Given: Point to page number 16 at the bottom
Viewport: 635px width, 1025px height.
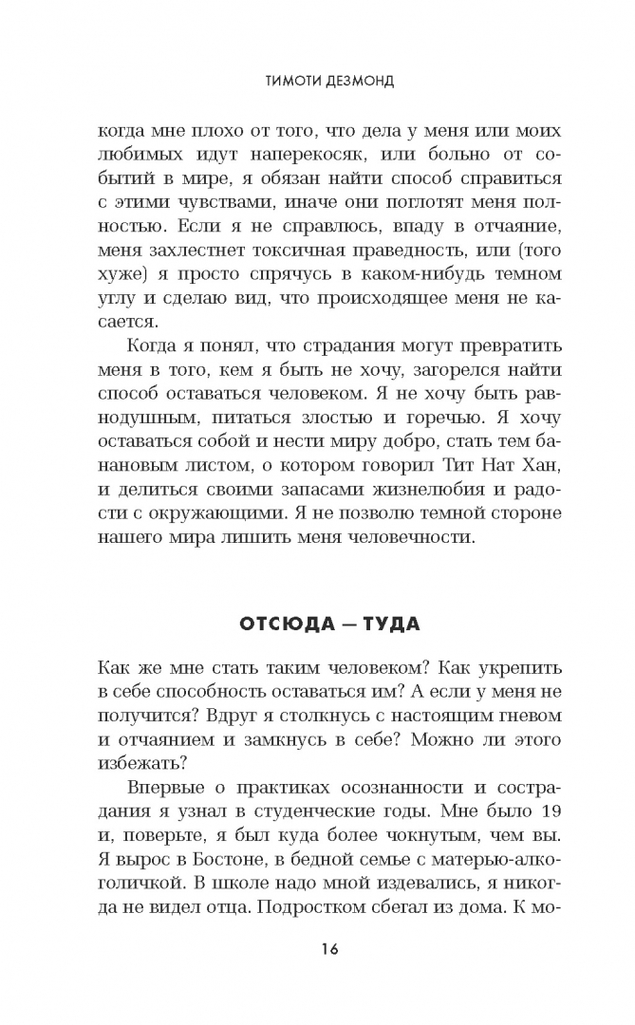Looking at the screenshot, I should pyautogui.click(x=317, y=949).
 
